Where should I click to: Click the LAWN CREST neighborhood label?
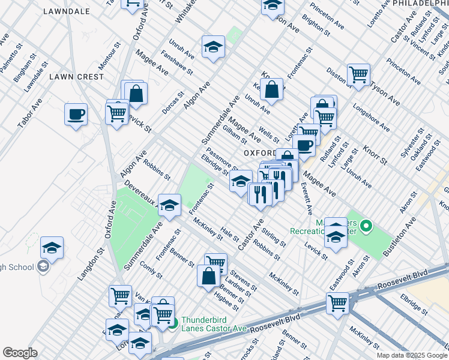(76, 77)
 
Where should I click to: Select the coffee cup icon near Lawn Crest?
(76, 114)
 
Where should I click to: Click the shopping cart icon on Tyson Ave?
(358, 75)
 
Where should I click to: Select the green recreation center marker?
(366, 227)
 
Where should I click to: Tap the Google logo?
(20, 353)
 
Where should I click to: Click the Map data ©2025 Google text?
(411, 355)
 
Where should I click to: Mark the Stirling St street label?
(275, 235)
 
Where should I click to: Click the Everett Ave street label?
(307, 199)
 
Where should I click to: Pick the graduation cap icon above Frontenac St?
(170, 206)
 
